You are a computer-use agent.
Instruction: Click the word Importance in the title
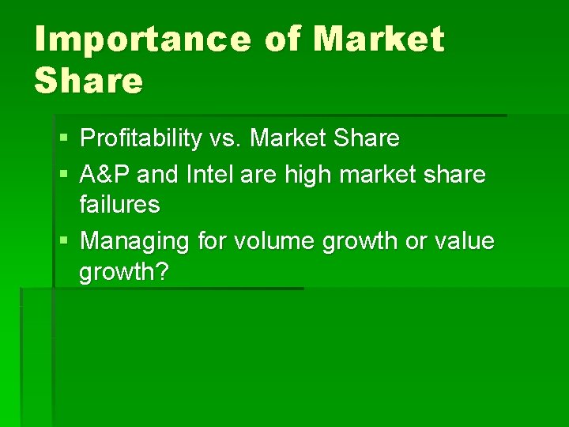click(139, 40)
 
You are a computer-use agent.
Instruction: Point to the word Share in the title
click(88, 81)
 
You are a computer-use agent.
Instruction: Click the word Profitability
click(141, 139)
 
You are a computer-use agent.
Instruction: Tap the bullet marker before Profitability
click(62, 140)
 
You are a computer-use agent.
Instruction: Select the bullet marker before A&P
click(62, 174)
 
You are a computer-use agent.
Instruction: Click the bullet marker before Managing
click(62, 240)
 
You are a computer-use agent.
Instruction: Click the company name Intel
click(209, 173)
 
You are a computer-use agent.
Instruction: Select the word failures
click(119, 206)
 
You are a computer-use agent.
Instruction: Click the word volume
click(272, 240)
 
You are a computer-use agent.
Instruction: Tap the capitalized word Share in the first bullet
click(367, 139)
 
